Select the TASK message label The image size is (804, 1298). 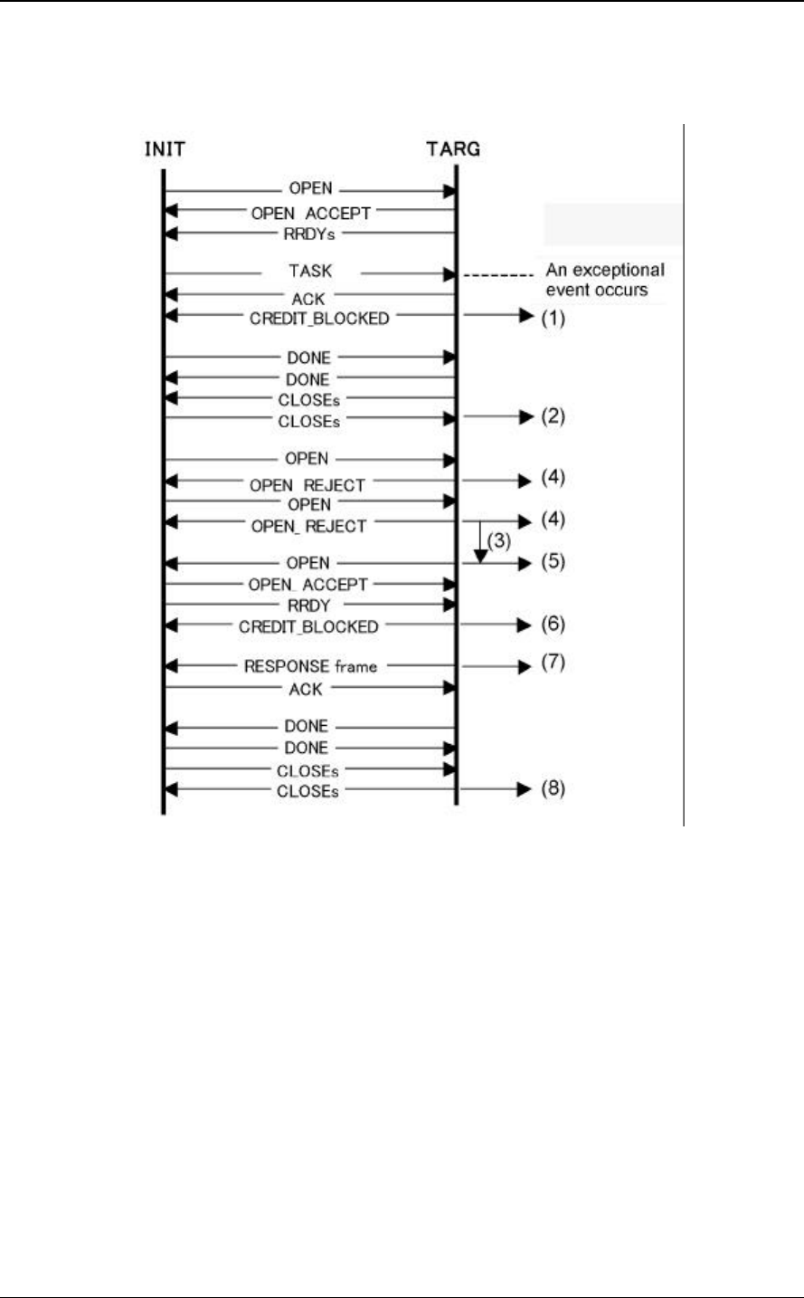click(309, 271)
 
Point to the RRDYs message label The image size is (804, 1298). click(309, 233)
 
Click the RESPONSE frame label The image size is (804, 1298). click(309, 666)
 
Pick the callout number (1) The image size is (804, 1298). click(553, 319)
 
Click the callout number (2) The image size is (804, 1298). click(553, 417)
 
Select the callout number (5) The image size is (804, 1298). click(553, 561)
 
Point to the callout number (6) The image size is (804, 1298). click(553, 625)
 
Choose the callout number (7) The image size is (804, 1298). click(553, 664)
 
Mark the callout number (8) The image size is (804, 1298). click(553, 789)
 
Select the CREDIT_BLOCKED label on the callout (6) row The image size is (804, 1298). click(309, 625)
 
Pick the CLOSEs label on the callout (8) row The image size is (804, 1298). click(309, 790)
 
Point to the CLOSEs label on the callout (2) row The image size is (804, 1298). click(309, 419)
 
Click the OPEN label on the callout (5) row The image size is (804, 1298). click(307, 563)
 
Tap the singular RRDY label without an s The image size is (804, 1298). click(307, 606)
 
